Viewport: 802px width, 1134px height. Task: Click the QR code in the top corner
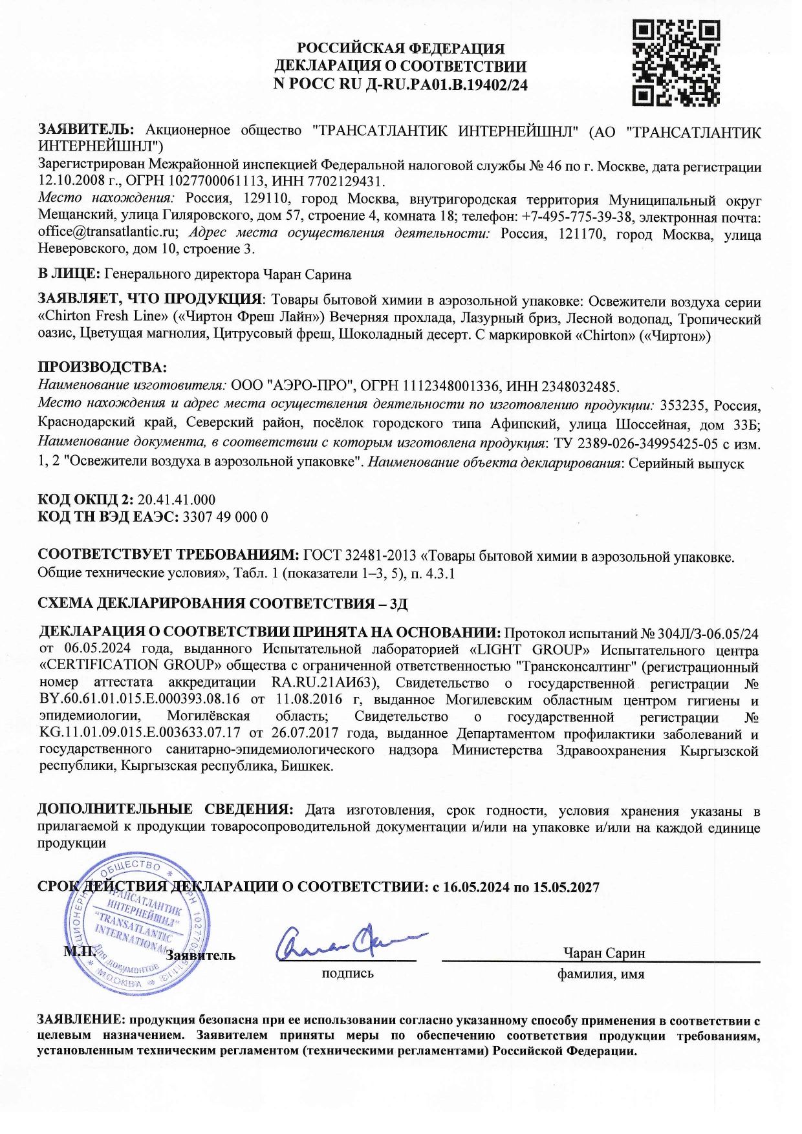click(x=675, y=63)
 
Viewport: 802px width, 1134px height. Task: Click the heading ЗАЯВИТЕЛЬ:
click(x=86, y=130)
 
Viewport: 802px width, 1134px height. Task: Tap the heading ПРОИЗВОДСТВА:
click(x=102, y=367)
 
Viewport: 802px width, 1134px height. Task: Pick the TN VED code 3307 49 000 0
click(x=226, y=517)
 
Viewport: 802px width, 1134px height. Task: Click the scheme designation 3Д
click(x=398, y=604)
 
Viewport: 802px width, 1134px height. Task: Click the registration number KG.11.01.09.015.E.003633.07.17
click(x=140, y=734)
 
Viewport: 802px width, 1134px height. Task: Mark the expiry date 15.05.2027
click(x=566, y=887)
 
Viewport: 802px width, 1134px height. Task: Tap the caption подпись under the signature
click(x=347, y=973)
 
